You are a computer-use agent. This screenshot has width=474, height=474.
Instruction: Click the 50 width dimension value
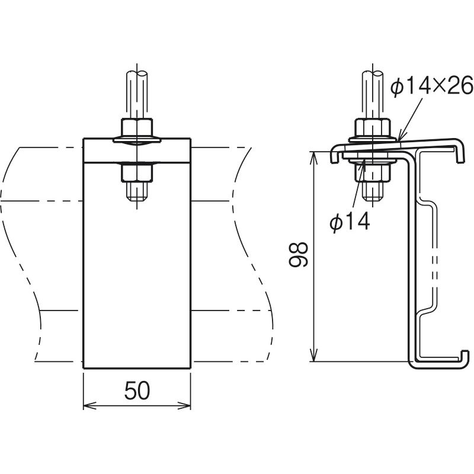137,390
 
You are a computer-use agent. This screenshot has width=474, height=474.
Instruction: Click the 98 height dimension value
298,254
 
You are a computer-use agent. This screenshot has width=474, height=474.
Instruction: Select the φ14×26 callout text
432,85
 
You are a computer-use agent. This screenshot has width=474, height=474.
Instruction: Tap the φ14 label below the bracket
350,221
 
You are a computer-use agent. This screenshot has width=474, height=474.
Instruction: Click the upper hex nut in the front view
137,128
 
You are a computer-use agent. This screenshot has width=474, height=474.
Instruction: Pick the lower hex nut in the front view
137,172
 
